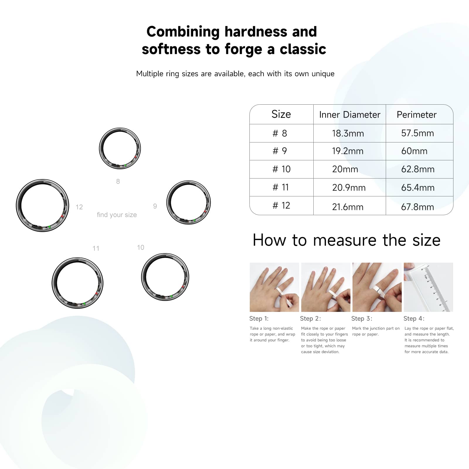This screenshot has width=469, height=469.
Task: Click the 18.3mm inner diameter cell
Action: [348, 133]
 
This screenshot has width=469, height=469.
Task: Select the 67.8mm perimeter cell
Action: [417, 207]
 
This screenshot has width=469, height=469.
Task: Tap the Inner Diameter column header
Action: [350, 115]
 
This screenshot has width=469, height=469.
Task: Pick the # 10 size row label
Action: [281, 169]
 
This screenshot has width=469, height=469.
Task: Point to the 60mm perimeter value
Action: [414, 151]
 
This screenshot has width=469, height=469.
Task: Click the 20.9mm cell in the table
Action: [349, 188]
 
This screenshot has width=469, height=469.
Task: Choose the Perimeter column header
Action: [417, 115]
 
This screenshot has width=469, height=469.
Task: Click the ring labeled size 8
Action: [120, 148]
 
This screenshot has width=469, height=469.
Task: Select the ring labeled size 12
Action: [43, 205]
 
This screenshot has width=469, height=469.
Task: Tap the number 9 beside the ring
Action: [155, 206]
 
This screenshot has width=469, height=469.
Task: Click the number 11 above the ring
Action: [96, 248]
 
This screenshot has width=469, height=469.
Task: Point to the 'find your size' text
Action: [117, 215]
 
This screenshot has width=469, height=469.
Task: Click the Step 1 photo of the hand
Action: [274, 287]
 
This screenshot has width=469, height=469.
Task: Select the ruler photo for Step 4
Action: [428, 287]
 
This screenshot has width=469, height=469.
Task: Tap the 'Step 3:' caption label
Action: [362, 319]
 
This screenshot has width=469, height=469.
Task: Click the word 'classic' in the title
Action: [303, 49]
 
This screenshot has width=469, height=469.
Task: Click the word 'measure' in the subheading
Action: [345, 240]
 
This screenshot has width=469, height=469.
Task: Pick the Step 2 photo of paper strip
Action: [326, 287]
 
